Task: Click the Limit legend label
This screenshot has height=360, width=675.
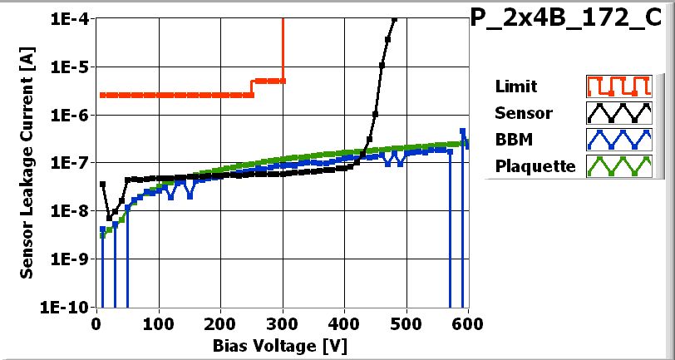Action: click(x=515, y=86)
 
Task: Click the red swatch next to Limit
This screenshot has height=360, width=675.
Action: click(x=617, y=86)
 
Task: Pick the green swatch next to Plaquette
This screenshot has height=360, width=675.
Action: click(x=617, y=165)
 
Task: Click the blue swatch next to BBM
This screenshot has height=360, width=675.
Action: click(x=617, y=139)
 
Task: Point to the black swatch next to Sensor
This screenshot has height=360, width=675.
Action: click(x=617, y=113)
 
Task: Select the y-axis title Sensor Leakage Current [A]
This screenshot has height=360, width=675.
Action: click(x=27, y=162)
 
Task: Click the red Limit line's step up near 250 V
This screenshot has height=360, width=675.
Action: click(x=252, y=87)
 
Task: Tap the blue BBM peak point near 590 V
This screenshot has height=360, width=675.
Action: click(x=462, y=131)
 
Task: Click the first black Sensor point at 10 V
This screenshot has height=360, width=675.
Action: click(x=102, y=184)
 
